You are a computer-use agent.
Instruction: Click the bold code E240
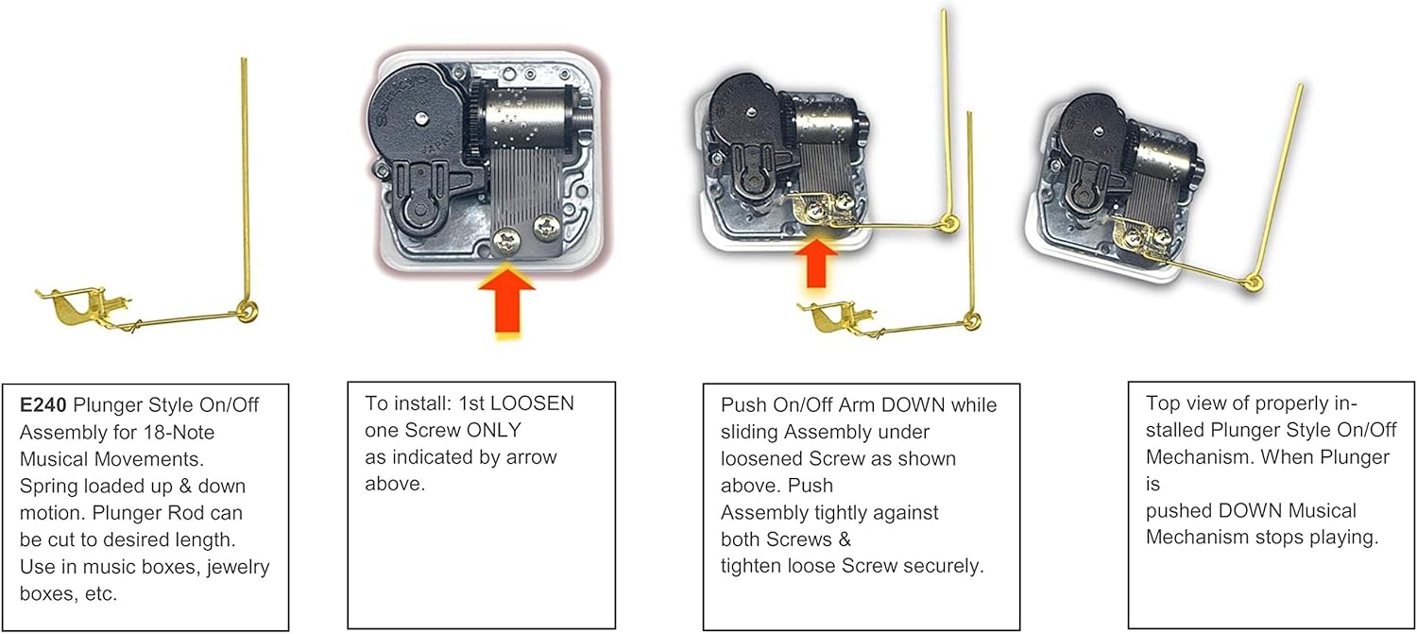(41, 405)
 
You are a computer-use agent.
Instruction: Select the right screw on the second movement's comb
(545, 226)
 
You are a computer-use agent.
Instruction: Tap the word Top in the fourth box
(1164, 403)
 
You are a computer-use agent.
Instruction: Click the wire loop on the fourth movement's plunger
(1255, 281)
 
